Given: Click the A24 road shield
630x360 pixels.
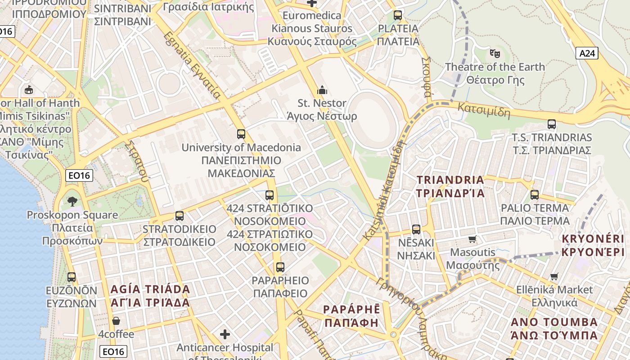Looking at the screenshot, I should [x=587, y=54].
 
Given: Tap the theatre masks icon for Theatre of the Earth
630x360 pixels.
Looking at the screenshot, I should [x=495, y=54].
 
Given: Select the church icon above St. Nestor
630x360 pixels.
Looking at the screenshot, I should [x=322, y=90].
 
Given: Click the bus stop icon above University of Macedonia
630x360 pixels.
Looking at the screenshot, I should [x=241, y=134].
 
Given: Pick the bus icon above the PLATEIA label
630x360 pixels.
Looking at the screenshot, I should [x=398, y=15].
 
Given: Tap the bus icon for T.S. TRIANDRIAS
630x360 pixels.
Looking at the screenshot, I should [x=552, y=124].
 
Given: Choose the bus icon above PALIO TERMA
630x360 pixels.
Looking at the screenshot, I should [x=535, y=195].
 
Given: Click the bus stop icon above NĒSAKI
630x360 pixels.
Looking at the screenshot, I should [x=416, y=229].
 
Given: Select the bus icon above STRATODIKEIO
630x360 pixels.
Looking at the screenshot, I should [x=180, y=216].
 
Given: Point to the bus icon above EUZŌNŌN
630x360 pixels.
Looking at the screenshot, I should [x=72, y=277].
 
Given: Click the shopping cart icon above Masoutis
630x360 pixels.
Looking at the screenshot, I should [x=472, y=239].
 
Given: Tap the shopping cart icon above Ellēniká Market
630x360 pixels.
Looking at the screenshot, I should [x=554, y=276].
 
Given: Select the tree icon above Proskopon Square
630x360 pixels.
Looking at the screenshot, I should [x=72, y=201].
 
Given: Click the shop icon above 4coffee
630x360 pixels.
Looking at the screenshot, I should [x=116, y=321].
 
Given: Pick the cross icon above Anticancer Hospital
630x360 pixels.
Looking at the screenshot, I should [x=225, y=334].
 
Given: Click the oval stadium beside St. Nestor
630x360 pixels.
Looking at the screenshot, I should [x=373, y=120].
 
